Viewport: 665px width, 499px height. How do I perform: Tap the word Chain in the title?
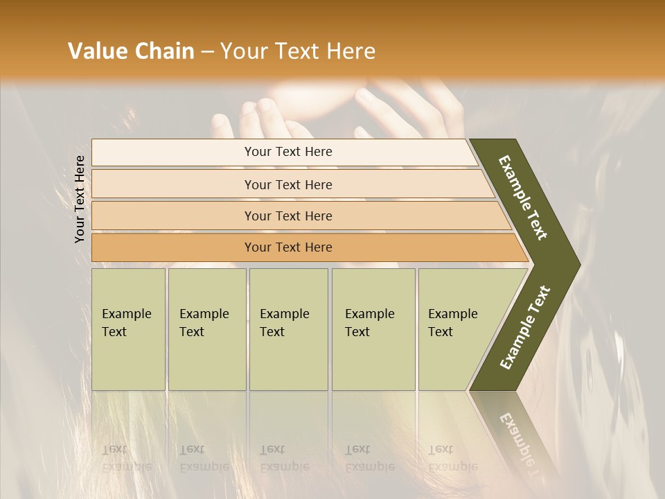(x=166, y=51)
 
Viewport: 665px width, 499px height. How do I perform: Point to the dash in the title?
(x=207, y=52)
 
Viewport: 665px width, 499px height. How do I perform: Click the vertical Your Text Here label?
(x=80, y=199)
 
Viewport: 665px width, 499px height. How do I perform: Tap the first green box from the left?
(x=128, y=329)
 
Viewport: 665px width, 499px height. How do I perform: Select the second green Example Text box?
(x=206, y=329)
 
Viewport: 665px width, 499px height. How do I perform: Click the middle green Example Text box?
(x=288, y=329)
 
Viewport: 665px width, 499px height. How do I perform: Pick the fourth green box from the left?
(x=373, y=329)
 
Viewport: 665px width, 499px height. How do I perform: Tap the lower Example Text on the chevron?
(x=525, y=327)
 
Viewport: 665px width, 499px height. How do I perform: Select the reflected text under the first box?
(x=127, y=458)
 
